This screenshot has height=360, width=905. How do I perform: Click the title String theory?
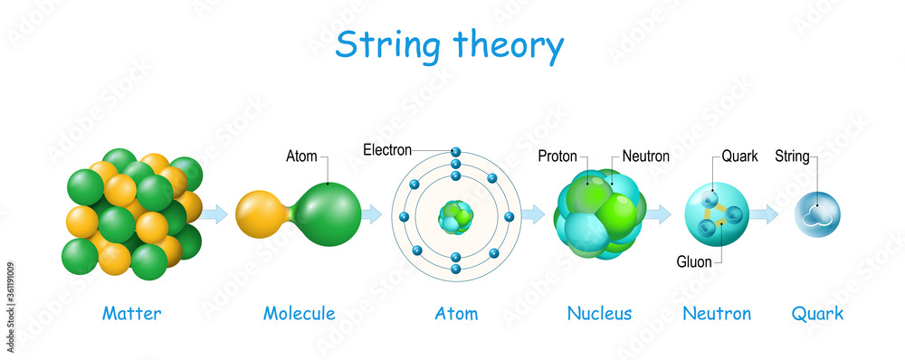(449, 44)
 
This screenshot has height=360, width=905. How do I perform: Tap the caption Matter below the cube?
(132, 314)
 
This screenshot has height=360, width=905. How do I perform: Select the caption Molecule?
(299, 314)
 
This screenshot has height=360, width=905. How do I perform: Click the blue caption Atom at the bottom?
(456, 314)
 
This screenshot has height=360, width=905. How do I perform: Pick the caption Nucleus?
(599, 314)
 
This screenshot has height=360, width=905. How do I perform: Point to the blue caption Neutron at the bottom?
(717, 314)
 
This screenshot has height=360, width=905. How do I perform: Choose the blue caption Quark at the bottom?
(817, 314)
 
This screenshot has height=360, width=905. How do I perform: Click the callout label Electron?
(387, 149)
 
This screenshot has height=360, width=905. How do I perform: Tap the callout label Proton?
(558, 156)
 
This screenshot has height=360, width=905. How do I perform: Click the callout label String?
(792, 156)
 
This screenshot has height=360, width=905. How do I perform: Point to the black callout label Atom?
(302, 156)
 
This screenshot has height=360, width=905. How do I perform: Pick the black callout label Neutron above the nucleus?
(645, 156)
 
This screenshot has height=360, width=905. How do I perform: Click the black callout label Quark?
(739, 156)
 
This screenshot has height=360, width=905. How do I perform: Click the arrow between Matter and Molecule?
(214, 214)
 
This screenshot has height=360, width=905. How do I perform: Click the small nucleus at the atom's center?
(455, 216)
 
